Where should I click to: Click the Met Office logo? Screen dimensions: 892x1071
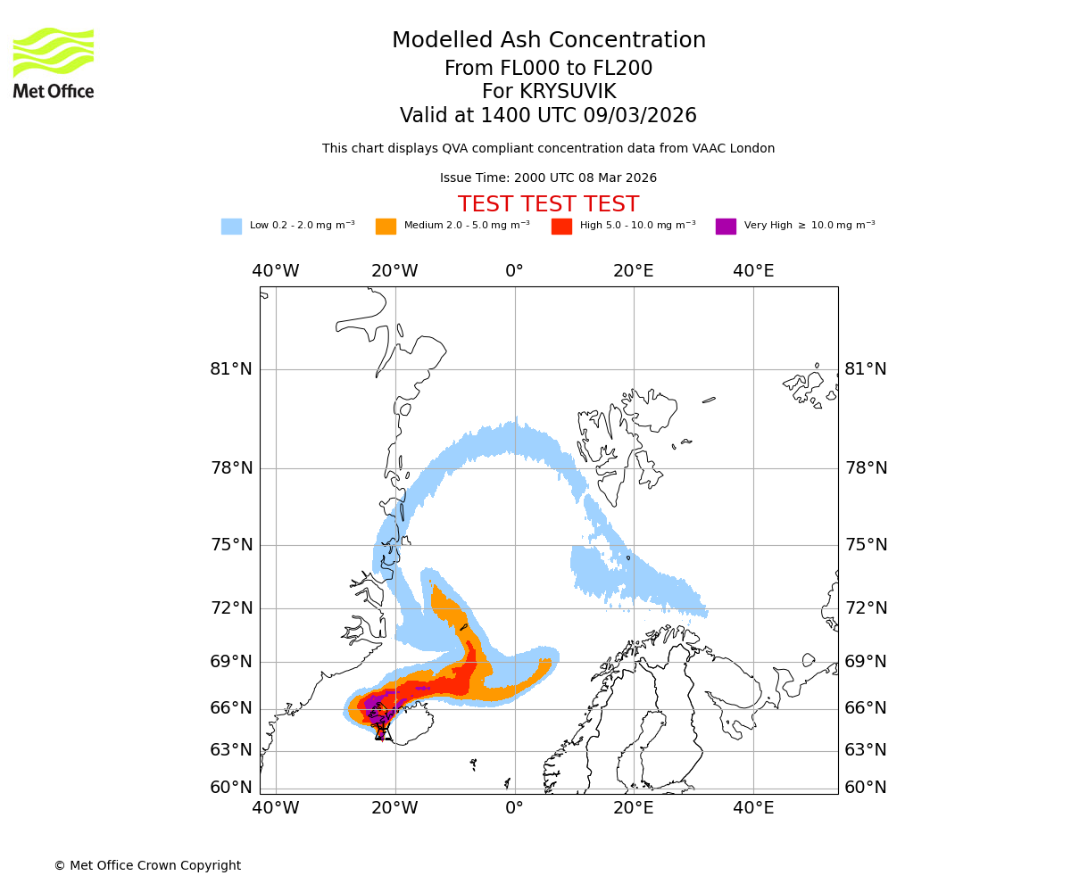point(54,62)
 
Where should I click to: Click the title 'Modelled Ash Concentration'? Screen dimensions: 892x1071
point(549,41)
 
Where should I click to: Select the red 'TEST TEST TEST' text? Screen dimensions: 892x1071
point(548,205)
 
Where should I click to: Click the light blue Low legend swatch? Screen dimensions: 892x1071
point(231,227)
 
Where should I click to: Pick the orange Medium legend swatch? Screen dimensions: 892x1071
point(386,227)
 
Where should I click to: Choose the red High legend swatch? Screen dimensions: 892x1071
point(561,227)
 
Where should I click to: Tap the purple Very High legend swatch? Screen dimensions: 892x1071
point(726,227)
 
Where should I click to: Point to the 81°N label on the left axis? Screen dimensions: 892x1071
point(231,369)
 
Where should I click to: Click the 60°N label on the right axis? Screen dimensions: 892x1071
point(866,788)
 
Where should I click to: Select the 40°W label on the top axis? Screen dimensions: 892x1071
point(275,271)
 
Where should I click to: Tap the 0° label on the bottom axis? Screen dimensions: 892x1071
point(514,808)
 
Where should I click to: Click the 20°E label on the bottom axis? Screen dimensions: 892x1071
point(634,808)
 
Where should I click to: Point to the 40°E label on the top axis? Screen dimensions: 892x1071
point(753,271)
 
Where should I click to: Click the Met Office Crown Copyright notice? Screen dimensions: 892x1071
point(147,866)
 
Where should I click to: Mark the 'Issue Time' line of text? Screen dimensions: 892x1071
point(548,178)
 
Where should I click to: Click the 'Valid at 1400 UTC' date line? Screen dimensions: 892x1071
point(548,116)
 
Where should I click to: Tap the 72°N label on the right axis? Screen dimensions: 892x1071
point(866,608)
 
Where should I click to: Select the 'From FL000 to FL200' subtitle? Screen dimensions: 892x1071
point(548,69)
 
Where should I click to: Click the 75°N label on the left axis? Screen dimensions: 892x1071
point(231,545)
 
